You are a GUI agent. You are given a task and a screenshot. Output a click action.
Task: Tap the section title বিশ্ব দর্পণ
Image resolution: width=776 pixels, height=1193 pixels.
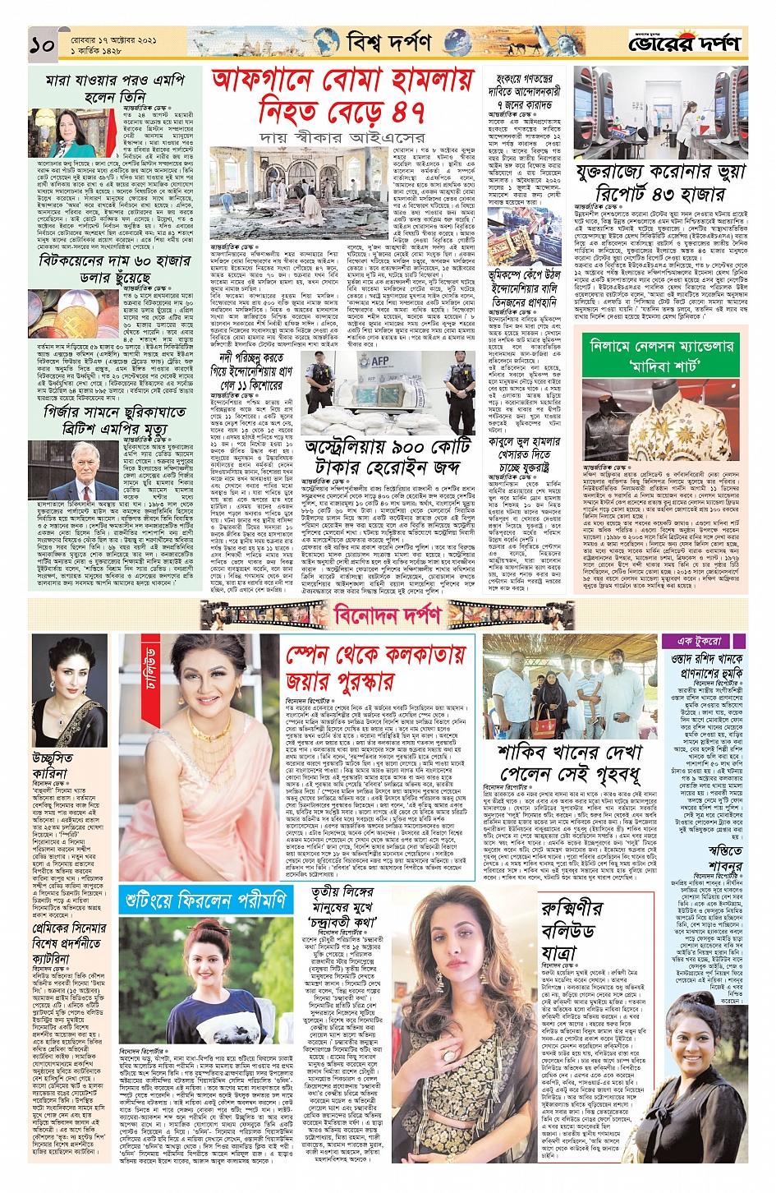[388, 42]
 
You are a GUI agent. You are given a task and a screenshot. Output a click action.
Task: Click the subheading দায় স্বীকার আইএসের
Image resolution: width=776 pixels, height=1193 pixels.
[342, 137]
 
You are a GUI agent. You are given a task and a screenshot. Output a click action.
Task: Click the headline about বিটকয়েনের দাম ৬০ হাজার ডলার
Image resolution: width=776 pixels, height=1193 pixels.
[115, 269]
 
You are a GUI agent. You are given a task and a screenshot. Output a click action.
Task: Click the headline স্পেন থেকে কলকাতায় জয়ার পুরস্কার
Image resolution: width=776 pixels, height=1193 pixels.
[375, 668]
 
